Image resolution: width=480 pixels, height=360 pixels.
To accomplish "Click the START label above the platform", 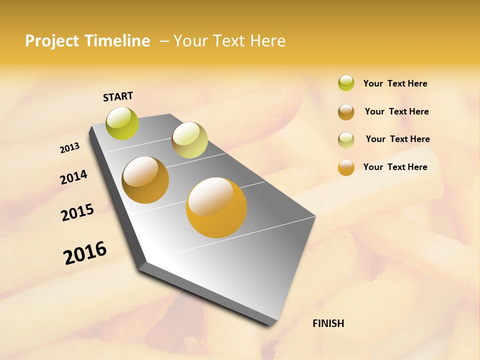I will tap(118, 96).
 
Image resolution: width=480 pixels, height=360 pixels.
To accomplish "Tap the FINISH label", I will tap(328, 323).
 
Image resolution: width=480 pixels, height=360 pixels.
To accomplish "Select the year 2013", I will tap(70, 148).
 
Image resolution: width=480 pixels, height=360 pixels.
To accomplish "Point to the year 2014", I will tap(73, 177).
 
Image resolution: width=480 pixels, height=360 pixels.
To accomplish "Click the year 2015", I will tap(77, 212).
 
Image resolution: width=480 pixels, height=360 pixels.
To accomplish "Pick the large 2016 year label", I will tap(85, 252).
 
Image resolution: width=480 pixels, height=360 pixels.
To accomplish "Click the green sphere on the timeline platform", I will tap(122, 123).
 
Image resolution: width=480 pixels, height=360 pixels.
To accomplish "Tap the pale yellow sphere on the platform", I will tap(189, 140).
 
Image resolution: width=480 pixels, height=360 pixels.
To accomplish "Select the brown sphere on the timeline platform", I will tap(145, 180).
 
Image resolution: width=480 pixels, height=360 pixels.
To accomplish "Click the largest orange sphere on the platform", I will tap(216, 207).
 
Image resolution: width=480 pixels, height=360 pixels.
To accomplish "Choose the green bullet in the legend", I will tap(346, 83).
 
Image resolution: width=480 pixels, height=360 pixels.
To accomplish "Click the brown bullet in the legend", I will tap(346, 112).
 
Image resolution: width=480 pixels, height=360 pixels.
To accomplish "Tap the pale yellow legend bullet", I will tap(346, 140).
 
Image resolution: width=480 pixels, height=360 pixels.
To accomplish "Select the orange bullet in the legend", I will tap(346, 167).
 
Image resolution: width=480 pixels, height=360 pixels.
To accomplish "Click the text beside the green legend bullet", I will tap(395, 83).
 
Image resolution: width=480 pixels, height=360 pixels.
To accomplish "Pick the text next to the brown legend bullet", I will tap(396, 111).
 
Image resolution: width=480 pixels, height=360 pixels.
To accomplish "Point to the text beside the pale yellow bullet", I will tap(397, 139).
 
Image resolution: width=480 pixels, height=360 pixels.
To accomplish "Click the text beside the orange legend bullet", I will tap(395, 167).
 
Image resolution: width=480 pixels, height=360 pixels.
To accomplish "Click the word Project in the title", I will tap(52, 41).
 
